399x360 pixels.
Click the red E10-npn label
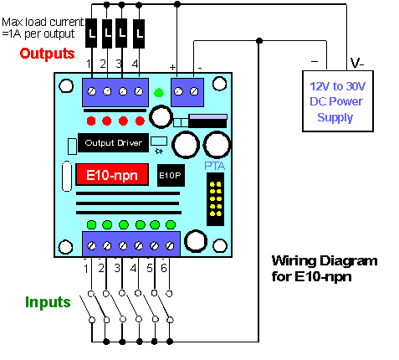coord(112,175)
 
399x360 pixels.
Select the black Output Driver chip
coord(113,143)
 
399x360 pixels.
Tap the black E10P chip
coord(171,175)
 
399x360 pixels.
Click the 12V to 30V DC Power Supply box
coord(338,101)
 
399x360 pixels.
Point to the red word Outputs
coord(47,54)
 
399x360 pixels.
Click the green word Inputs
coord(48,302)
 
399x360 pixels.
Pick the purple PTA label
coord(214,166)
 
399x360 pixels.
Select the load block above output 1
coord(91,33)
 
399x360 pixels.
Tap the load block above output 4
coord(139,33)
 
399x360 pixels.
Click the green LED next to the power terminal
coord(159,93)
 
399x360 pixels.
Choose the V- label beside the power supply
coord(357,64)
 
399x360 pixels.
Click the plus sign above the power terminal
coord(172,67)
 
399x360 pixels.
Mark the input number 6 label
coord(164,268)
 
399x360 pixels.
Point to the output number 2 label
coord(103,64)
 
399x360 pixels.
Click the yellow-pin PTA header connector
coord(215,199)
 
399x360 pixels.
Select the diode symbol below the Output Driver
coord(159,152)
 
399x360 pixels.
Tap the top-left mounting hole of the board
coord(66,86)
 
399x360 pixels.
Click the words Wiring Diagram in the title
coord(325,261)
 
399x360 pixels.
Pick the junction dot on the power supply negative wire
coord(259,41)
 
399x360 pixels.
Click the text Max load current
coord(43,22)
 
